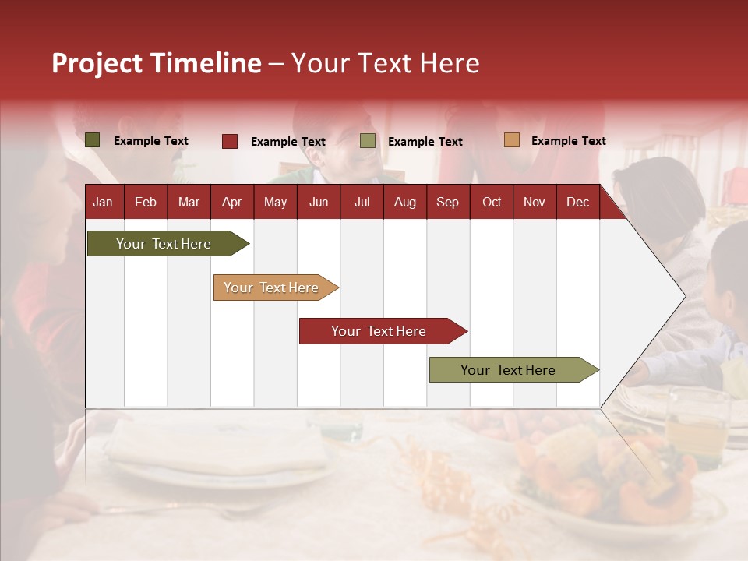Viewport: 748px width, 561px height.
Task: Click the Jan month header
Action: tap(103, 202)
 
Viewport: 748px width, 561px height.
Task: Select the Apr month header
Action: tap(231, 202)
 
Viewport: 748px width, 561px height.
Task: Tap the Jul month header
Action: tap(362, 202)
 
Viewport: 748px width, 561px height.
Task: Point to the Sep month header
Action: tap(447, 202)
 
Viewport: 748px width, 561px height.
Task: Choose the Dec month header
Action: tap(577, 202)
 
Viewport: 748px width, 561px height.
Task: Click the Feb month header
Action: tap(146, 202)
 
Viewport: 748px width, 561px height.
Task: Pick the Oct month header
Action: tap(492, 202)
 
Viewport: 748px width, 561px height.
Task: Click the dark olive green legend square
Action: tap(93, 140)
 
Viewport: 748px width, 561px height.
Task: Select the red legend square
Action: tap(230, 141)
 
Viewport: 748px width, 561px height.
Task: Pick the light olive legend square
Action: tap(368, 141)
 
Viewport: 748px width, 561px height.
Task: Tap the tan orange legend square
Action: tap(511, 140)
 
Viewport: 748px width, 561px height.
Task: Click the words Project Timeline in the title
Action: tap(156, 63)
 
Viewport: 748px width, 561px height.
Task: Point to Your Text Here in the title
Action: tap(386, 63)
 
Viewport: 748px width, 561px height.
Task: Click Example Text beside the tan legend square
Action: tap(568, 141)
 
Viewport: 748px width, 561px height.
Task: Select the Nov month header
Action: tap(535, 202)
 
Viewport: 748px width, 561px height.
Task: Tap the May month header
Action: tap(275, 202)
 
